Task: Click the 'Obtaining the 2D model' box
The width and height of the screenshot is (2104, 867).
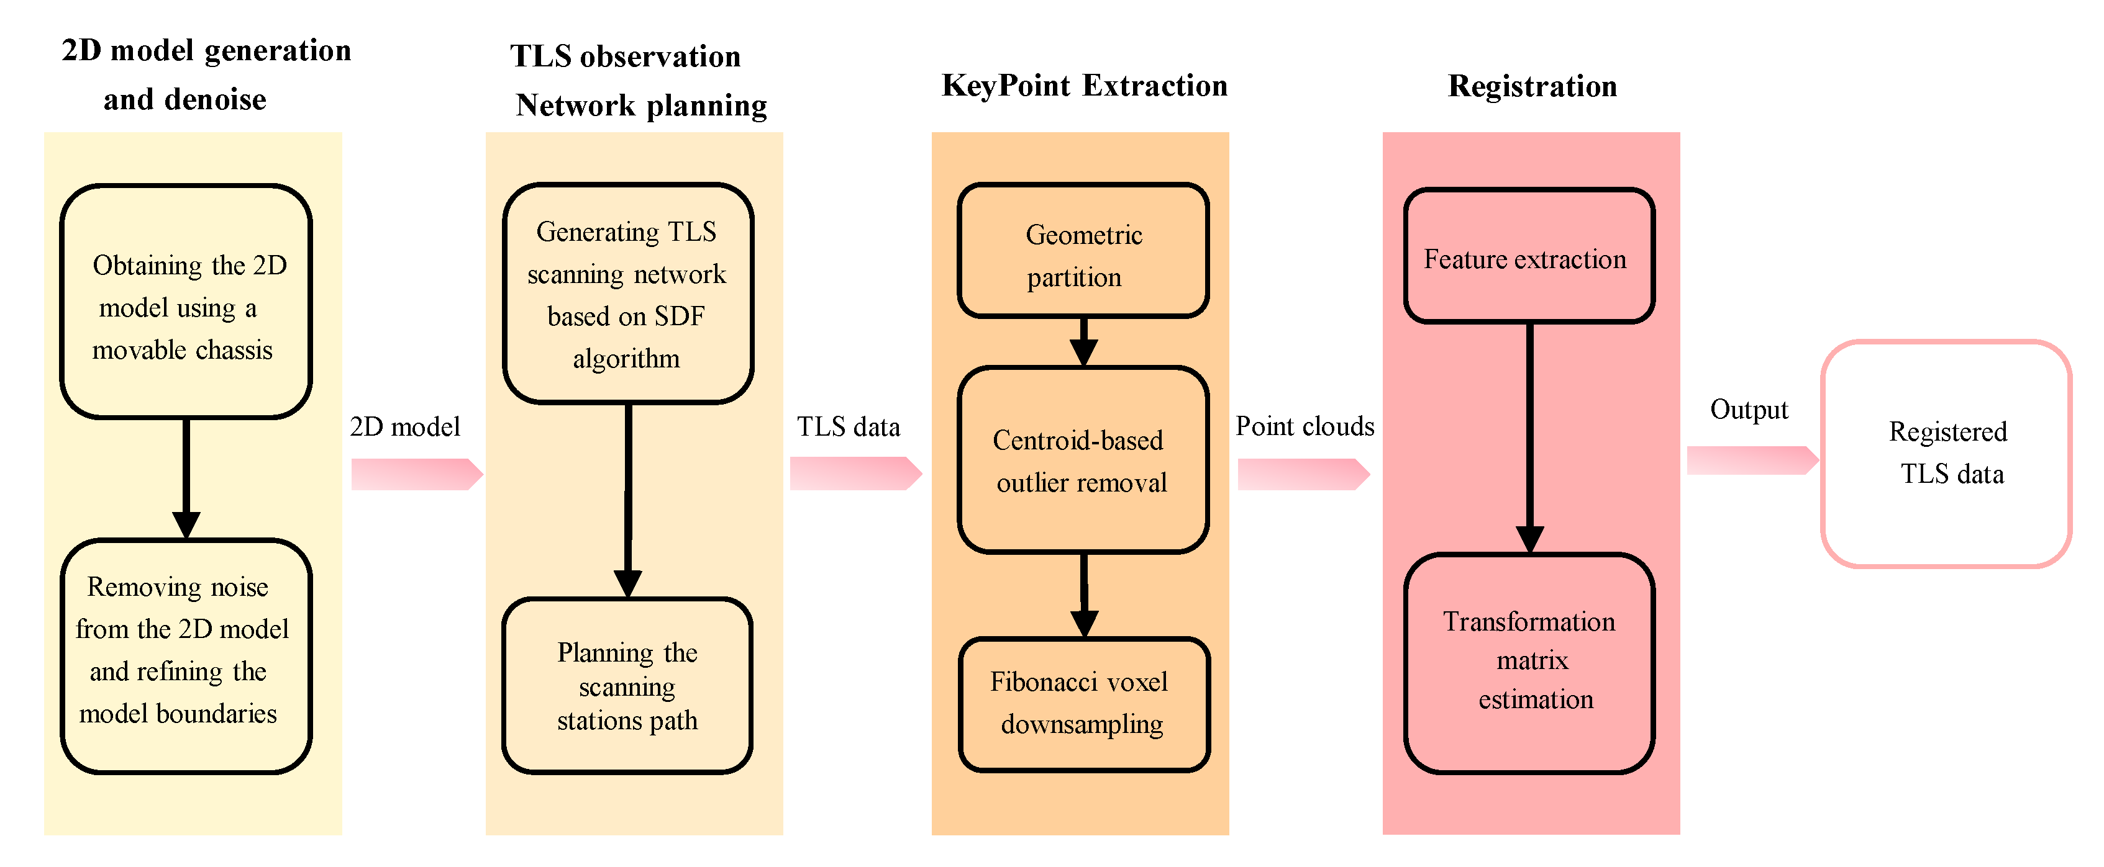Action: pyautogui.click(x=186, y=302)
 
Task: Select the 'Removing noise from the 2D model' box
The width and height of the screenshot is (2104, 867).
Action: pyautogui.click(x=186, y=655)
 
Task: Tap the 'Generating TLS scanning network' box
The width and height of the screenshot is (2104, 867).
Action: pyautogui.click(x=627, y=294)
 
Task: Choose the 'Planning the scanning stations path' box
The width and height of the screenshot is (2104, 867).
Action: pyautogui.click(x=627, y=686)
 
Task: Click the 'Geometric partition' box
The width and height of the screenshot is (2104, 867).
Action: pyautogui.click(x=1083, y=251)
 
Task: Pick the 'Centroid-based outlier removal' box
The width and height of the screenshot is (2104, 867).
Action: pyautogui.click(x=1083, y=460)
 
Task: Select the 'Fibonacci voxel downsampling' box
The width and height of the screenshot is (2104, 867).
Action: pyautogui.click(x=1083, y=704)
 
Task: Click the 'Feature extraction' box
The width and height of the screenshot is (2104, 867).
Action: pyautogui.click(x=1529, y=257)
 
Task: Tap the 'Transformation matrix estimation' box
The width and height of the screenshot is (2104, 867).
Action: pyautogui.click(x=1529, y=663)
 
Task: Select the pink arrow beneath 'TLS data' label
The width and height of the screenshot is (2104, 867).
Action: pyautogui.click(x=854, y=474)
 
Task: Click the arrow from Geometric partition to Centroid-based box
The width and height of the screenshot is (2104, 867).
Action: pyautogui.click(x=1083, y=341)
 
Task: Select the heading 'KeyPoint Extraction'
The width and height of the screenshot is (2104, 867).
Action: pyautogui.click(x=1084, y=86)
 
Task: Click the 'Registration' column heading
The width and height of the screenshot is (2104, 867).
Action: pyautogui.click(x=1532, y=86)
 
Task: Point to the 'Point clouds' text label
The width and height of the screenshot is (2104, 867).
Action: pyautogui.click(x=1305, y=426)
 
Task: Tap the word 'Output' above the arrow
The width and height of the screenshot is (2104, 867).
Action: pyautogui.click(x=1749, y=410)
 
